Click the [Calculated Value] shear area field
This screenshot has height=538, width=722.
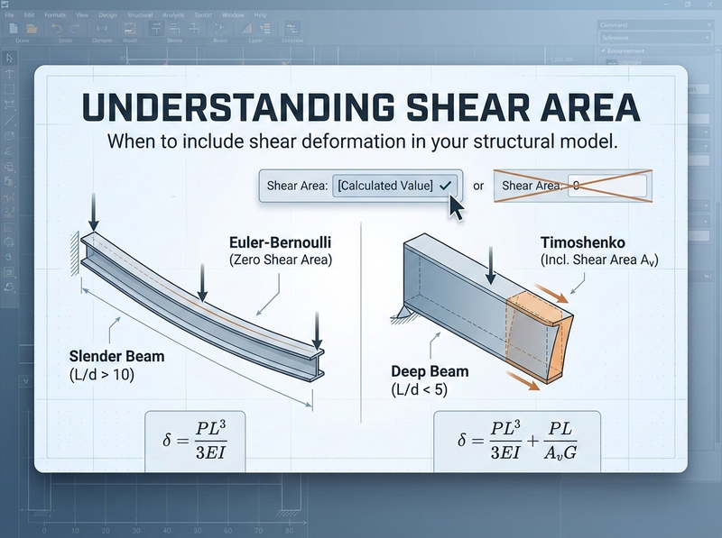[x=395, y=185]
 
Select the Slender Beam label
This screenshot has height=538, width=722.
[x=109, y=357]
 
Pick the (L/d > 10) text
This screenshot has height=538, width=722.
[x=102, y=375]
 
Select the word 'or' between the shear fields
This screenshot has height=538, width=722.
[x=477, y=186]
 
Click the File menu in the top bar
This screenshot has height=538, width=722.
[x=10, y=15]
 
